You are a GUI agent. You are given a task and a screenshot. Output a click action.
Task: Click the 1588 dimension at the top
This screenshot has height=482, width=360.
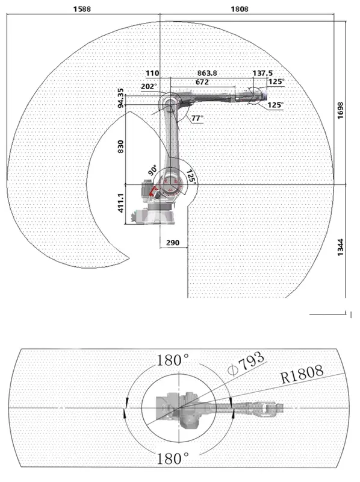82,9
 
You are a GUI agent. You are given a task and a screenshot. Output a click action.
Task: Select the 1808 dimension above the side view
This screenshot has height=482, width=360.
240,9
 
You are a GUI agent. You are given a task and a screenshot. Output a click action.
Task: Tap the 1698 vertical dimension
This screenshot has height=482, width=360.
341,110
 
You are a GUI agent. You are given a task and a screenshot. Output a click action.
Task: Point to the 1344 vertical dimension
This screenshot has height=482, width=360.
341,247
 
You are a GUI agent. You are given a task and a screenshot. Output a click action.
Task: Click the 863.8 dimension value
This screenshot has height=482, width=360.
207,73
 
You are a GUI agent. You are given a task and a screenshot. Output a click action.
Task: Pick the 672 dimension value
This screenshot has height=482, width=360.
202,82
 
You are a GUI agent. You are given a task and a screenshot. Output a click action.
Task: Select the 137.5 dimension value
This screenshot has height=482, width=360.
262,73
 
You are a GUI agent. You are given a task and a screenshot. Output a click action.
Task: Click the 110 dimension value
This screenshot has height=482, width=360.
153,73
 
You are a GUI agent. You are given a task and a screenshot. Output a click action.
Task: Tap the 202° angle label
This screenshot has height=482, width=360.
149,87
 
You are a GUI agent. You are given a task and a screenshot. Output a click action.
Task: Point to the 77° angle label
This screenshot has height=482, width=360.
197,118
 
